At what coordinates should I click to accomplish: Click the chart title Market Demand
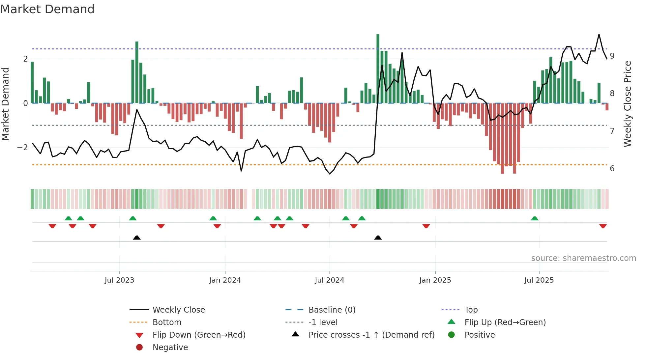pyautogui.click(x=47, y=9)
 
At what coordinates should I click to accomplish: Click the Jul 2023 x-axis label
pyautogui.click(x=119, y=280)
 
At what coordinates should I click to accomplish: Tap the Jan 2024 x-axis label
pyautogui.click(x=225, y=280)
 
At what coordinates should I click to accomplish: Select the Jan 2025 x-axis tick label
pyautogui.click(x=435, y=280)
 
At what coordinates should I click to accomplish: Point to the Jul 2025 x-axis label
pyautogui.click(x=539, y=280)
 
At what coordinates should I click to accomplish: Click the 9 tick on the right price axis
pyautogui.click(x=612, y=56)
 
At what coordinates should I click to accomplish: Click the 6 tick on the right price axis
pyautogui.click(x=612, y=169)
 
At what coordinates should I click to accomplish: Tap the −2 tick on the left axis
pyautogui.click(x=22, y=148)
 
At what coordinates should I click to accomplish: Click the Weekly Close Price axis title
pyautogui.click(x=628, y=104)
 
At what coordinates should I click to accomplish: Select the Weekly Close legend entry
pyautogui.click(x=178, y=310)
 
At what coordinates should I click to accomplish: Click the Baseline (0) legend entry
pyautogui.click(x=332, y=310)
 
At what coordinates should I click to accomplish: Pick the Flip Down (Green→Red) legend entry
pyautogui.click(x=199, y=335)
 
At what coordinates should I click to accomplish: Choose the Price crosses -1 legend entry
pyautogui.click(x=371, y=335)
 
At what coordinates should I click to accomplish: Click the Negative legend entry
pyautogui.click(x=170, y=348)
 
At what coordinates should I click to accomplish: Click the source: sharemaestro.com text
pyautogui.click(x=583, y=258)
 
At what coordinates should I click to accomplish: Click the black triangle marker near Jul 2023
pyautogui.click(x=137, y=237)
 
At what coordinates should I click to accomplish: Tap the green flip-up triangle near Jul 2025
pyautogui.click(x=535, y=218)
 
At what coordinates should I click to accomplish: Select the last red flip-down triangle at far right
pyautogui.click(x=603, y=226)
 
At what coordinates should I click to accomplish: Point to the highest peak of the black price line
pyautogui.click(x=599, y=35)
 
